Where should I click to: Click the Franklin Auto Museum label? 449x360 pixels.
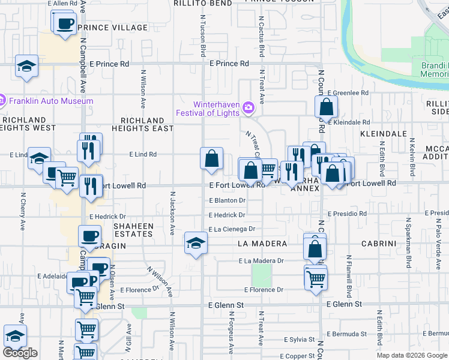coord(50,101)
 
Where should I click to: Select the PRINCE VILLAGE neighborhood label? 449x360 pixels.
coord(112,28)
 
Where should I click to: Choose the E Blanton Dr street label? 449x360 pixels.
coord(228,200)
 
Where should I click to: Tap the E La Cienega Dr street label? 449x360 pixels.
coord(232,229)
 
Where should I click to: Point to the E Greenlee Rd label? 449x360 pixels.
coord(348,93)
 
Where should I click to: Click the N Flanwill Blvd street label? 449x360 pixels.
coord(348,276)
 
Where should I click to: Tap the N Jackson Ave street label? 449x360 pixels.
coord(172,212)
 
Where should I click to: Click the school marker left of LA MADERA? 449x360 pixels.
coord(196,242)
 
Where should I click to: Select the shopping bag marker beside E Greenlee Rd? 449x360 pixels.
coord(326,107)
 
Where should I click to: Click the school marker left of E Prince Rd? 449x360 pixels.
coord(26,65)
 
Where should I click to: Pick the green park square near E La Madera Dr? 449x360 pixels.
coord(261,275)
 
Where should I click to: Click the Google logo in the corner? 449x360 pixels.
coord(19,353)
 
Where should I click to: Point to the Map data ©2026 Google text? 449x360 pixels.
coord(411,355)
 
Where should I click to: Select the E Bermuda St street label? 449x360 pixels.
coord(346,334)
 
